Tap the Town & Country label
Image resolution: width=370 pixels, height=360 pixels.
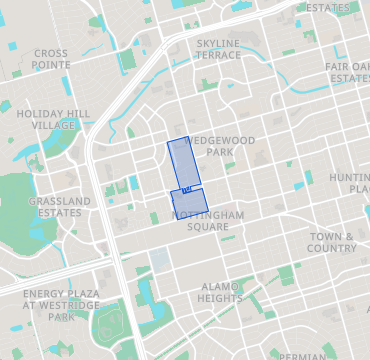click(332, 242)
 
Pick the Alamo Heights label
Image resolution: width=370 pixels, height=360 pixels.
click(221, 292)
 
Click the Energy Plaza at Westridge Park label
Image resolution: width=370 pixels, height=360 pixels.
click(61, 305)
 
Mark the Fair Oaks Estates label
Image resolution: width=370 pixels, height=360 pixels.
click(348, 72)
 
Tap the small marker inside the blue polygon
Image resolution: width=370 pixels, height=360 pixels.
click(187, 188)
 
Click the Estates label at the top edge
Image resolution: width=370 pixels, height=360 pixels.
click(328, 8)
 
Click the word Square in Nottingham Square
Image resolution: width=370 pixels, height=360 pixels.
click(208, 227)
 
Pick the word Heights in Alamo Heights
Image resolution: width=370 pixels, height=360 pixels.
click(221, 298)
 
